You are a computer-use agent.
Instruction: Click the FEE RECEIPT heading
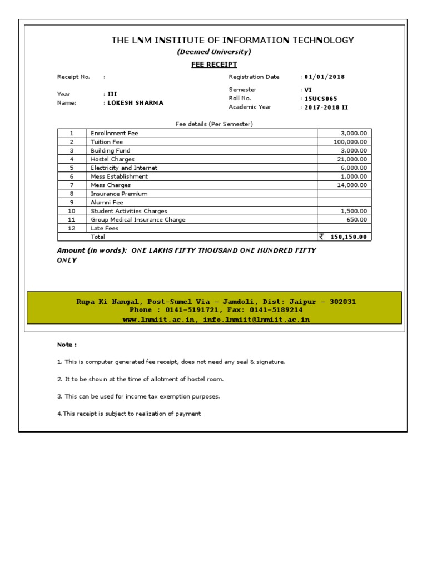tap(214, 65)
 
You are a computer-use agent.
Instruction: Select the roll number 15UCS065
tap(320, 99)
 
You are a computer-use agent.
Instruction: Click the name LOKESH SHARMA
tap(136, 103)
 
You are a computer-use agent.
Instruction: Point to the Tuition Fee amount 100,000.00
tap(350, 142)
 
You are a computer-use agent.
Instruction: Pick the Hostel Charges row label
tap(112, 159)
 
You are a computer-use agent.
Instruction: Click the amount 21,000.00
tap(352, 159)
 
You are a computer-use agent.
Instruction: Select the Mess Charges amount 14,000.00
tap(352, 185)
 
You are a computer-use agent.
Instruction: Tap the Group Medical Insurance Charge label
tap(138, 220)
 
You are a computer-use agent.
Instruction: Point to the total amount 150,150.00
tap(349, 237)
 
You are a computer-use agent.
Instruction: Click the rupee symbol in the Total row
tap(321, 237)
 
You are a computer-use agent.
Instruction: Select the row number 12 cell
tap(72, 228)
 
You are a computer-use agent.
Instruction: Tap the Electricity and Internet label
tap(124, 168)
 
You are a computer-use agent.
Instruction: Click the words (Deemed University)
tap(214, 52)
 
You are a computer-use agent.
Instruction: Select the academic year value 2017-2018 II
tap(326, 107)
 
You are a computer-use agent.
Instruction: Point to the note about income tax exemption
tap(138, 397)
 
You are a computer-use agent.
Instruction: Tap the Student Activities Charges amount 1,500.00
tap(354, 211)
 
